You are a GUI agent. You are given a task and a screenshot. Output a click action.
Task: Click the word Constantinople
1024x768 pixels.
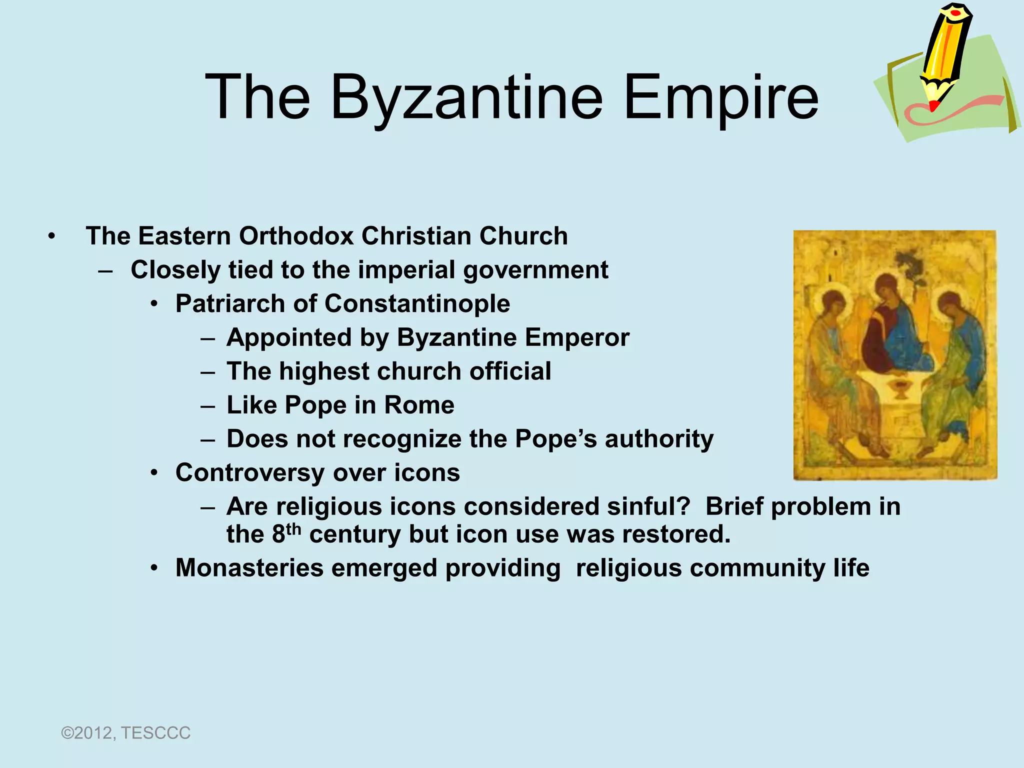417,303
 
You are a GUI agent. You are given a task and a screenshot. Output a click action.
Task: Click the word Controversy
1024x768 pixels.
250,472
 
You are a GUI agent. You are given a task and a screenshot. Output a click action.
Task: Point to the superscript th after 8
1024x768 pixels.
293,529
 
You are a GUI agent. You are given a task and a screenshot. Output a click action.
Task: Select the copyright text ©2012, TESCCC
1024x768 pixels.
125,733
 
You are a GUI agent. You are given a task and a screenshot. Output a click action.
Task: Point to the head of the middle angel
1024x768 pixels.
886,287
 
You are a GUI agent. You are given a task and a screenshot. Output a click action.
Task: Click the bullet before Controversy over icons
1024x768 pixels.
155,472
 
